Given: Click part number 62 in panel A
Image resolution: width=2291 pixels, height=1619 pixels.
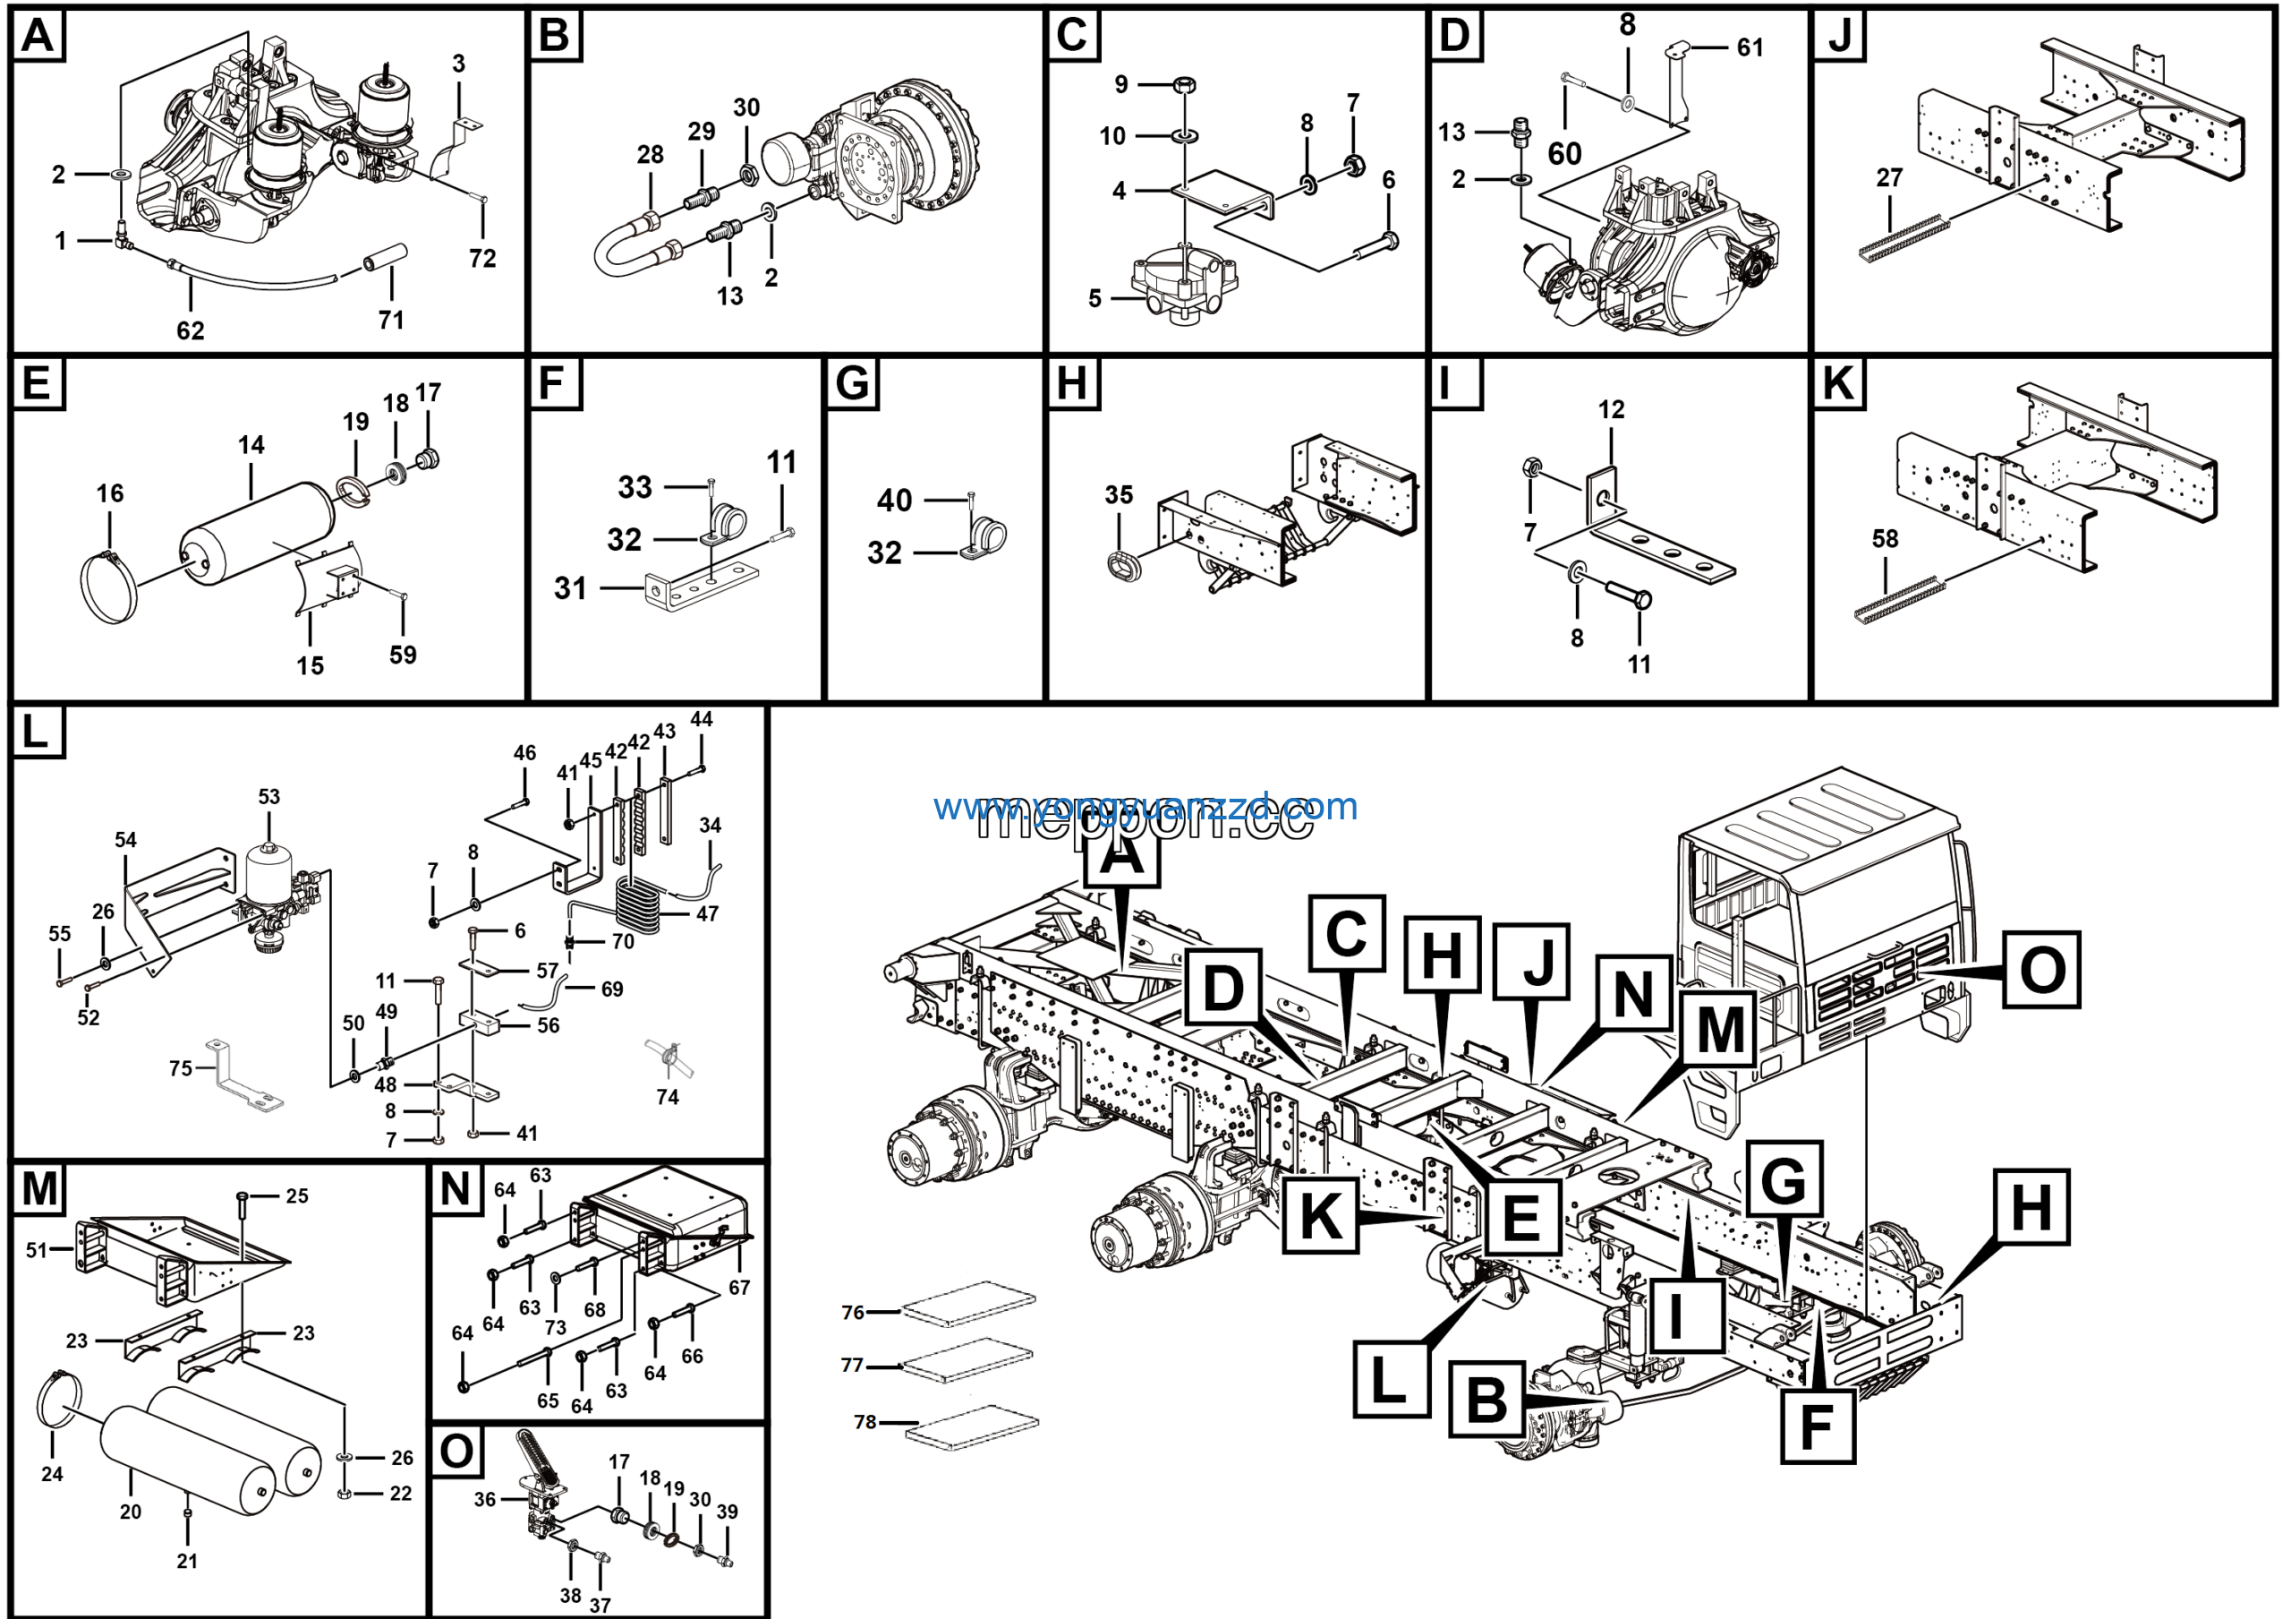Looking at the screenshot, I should click(x=191, y=330).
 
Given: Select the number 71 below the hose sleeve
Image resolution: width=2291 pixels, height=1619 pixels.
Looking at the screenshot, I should click(x=391, y=320).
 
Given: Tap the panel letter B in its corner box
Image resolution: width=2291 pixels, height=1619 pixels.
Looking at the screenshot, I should click(x=554, y=36).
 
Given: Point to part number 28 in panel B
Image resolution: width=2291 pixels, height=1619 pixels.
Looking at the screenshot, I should click(x=650, y=155).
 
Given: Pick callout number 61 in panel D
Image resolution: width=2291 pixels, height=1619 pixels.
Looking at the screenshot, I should click(x=1750, y=47).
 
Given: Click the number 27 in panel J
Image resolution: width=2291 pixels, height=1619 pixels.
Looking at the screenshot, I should click(x=1890, y=177).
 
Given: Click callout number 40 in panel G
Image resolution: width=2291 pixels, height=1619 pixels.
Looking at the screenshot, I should click(x=894, y=500).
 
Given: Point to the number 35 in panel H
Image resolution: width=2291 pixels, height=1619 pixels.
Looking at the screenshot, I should click(x=1119, y=495).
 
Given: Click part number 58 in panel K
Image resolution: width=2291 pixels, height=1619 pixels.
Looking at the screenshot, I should click(x=1885, y=539).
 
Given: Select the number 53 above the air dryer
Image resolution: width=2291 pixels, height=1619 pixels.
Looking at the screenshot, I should click(x=269, y=797).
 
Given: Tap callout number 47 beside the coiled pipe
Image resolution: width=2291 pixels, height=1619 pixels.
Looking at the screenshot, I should click(x=708, y=913).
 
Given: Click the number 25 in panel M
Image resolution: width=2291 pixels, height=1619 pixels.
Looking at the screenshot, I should click(x=297, y=1195).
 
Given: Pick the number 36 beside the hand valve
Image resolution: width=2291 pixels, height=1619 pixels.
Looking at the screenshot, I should click(x=485, y=1499).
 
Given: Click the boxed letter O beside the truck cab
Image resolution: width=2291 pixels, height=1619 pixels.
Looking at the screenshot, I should click(x=2041, y=969).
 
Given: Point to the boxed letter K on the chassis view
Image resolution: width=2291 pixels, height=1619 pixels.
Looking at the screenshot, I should click(x=1320, y=1215).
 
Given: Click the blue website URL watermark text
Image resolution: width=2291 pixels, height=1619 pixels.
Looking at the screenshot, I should click(x=1145, y=807).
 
